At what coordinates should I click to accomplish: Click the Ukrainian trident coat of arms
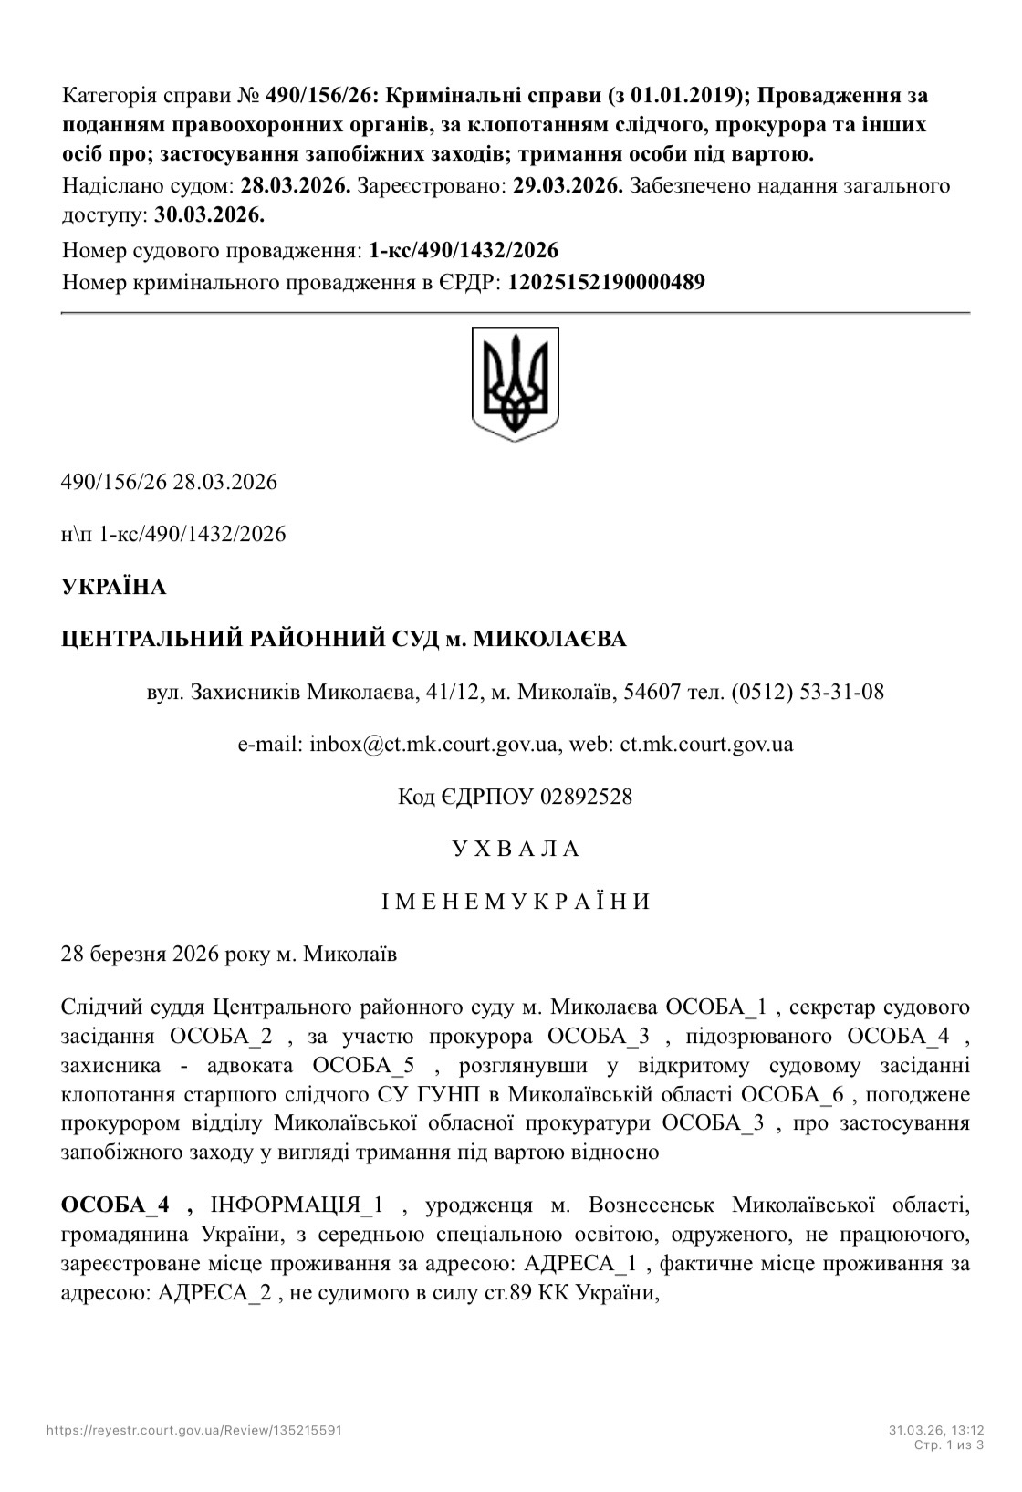pos(515,384)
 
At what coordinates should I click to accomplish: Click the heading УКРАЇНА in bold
pos(113,587)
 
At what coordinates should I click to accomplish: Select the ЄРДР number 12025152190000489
pos(606,282)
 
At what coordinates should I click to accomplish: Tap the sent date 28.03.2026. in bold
pos(296,186)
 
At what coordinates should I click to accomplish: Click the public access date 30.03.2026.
pos(209,215)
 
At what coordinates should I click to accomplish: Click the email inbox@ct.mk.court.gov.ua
pos(433,744)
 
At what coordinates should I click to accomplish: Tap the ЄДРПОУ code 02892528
pos(586,797)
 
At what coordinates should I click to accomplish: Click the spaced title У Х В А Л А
pos(516,849)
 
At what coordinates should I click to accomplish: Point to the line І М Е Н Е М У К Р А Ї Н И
pos(516,902)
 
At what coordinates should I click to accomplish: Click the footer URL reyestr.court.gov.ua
pos(194,1430)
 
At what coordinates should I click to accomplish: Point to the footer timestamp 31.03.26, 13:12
pos(936,1430)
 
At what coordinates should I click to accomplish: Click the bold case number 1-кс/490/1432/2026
pos(464,250)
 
